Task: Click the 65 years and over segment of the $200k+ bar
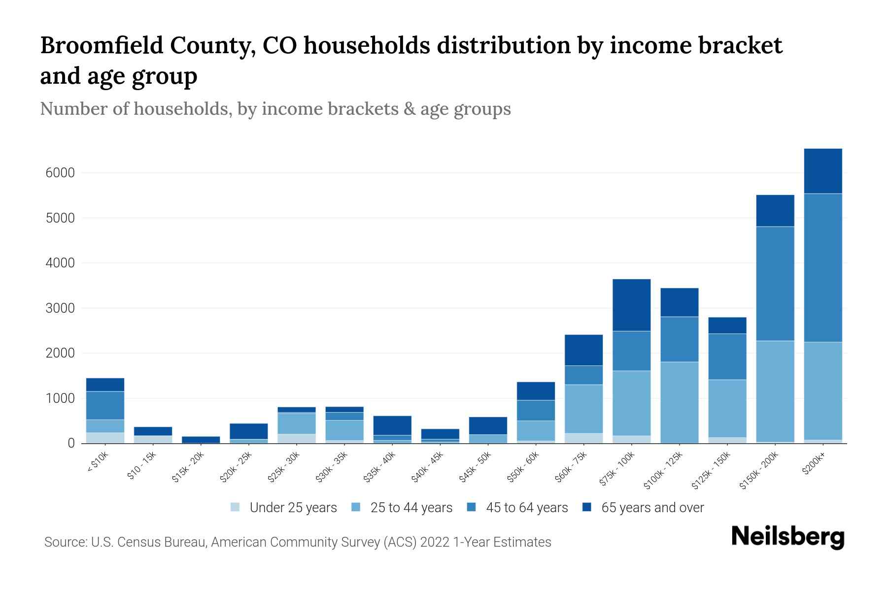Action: point(822,171)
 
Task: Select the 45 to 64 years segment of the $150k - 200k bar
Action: point(775,283)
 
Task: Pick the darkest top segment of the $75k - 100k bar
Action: point(631,305)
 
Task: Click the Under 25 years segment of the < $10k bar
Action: point(105,437)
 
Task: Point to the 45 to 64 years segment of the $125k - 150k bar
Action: point(727,357)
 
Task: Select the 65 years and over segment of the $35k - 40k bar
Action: point(392,426)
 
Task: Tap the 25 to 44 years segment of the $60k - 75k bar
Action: point(583,409)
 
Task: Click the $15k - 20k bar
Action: point(201,439)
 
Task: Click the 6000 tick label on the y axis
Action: point(60,173)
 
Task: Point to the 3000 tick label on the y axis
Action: point(60,308)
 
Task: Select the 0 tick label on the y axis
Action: point(71,443)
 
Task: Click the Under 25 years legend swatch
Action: point(236,507)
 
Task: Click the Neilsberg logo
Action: point(787,537)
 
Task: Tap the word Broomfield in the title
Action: point(101,46)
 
